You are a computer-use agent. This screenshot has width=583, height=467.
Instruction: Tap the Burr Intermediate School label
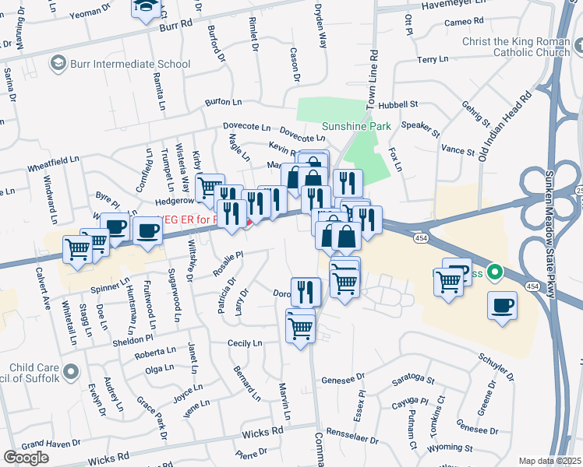pos(130,64)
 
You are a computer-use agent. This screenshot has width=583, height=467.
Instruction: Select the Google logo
pos(26,458)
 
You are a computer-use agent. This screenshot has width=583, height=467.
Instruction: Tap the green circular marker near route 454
pos(493,273)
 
